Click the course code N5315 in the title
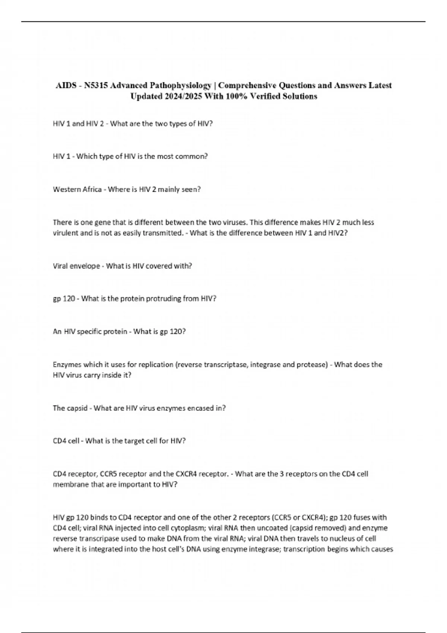click(96, 86)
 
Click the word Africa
click(92, 190)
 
